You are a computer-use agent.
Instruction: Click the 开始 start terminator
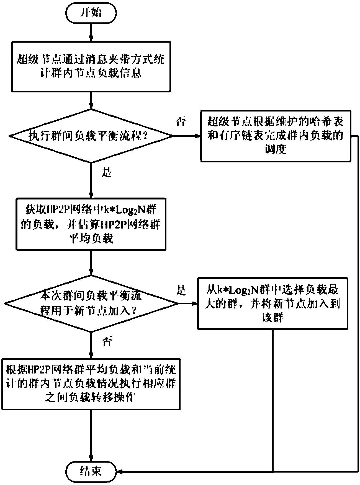click(x=91, y=13)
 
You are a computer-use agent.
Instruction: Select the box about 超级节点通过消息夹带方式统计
click(x=91, y=66)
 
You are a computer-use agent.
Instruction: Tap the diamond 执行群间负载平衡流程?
click(x=91, y=136)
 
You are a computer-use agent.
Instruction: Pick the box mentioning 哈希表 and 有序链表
click(x=276, y=136)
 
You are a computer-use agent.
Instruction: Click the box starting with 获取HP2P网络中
click(x=91, y=224)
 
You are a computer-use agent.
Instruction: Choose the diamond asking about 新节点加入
click(x=91, y=304)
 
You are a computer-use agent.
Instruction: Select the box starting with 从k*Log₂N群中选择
click(x=272, y=303)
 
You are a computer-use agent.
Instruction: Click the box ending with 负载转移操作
click(x=91, y=384)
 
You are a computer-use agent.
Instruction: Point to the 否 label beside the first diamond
click(x=181, y=122)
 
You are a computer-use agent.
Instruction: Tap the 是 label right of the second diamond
click(x=181, y=291)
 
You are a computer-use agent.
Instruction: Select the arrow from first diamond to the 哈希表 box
click(x=187, y=136)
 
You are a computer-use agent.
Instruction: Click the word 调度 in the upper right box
click(x=276, y=149)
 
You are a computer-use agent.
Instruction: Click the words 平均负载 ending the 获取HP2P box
click(x=91, y=238)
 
